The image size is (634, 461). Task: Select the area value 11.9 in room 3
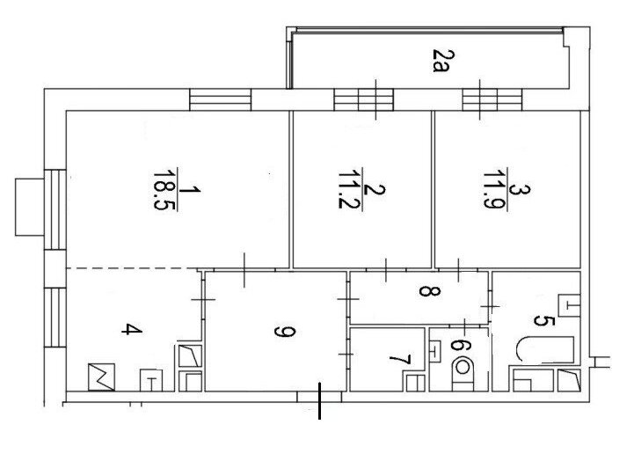point(494,189)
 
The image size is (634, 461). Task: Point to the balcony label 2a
point(440,61)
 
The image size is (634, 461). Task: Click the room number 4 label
point(132,329)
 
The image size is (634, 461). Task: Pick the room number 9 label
point(285,332)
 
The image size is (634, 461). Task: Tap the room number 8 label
point(429,290)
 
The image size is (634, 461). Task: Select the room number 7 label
point(400,360)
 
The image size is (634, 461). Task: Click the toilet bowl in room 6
point(463,373)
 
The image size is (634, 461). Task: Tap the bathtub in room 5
point(544,350)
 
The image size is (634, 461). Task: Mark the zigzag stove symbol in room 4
point(101,377)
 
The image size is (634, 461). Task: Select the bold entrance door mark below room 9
point(320,401)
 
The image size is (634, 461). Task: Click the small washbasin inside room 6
point(434,351)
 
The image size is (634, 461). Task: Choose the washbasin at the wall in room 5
point(569,305)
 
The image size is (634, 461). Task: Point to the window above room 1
point(221,99)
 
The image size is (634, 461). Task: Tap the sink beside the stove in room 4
point(151,381)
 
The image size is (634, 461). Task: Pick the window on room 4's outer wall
point(55,317)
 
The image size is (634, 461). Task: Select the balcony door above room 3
point(492,99)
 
